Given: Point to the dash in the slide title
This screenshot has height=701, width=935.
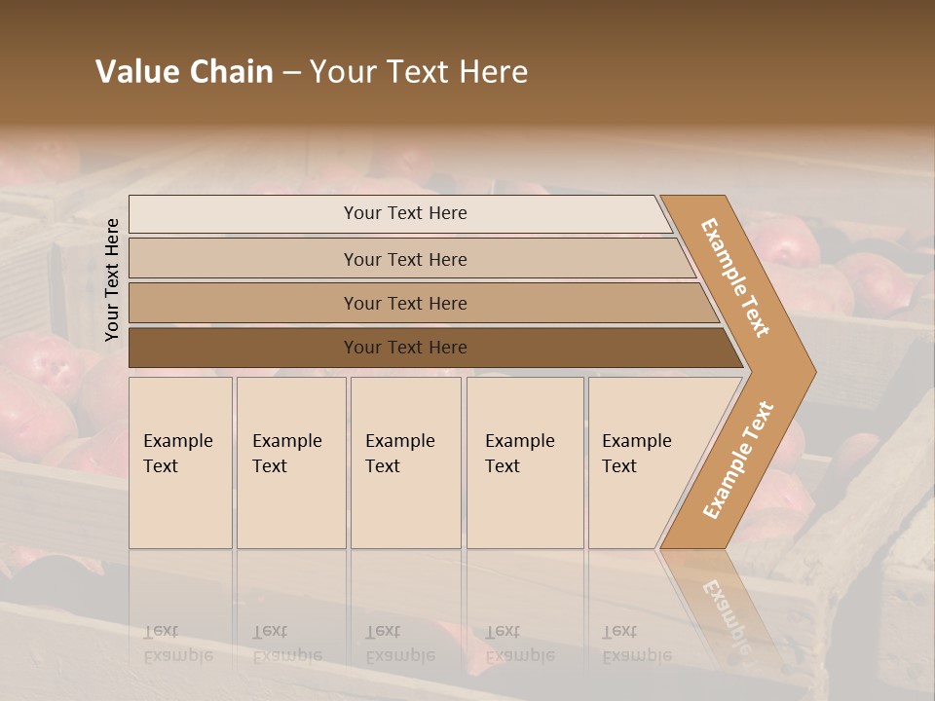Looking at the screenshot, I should coord(291,73).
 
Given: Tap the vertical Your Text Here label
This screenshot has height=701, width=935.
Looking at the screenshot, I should coord(112,279).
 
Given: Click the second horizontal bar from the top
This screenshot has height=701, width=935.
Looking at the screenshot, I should coord(405,259).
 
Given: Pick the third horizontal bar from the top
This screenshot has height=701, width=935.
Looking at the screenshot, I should coord(405,303).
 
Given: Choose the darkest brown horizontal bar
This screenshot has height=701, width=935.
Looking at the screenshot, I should coord(405,348).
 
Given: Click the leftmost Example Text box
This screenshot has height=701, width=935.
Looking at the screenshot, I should coord(180,462).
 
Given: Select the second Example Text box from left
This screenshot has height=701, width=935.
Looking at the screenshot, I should coord(290,462).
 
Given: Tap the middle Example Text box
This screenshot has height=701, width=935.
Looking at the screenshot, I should coord(405,462).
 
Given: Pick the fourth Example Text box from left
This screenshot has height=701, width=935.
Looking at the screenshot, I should coord(525,462).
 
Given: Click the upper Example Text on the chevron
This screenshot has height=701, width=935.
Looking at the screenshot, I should coord(735,277).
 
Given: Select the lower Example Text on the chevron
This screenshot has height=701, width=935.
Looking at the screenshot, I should coord(738,460).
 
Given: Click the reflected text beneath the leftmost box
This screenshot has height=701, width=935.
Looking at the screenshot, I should coord(177,644).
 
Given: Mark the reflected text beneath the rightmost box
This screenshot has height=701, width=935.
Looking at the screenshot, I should coord(637,644).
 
